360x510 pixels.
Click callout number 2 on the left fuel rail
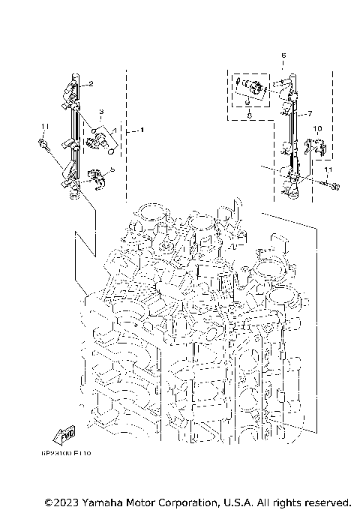pyautogui.click(x=89, y=84)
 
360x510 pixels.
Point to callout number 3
pyautogui.click(x=101, y=112)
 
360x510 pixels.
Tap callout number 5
pyautogui.click(x=112, y=170)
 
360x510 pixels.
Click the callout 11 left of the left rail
pyautogui.click(x=44, y=126)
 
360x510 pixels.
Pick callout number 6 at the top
pyautogui.click(x=283, y=55)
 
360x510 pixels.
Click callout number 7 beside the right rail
pyautogui.click(x=308, y=115)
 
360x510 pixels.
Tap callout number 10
pyautogui.click(x=317, y=129)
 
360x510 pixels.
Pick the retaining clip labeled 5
pyautogui.click(x=94, y=175)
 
